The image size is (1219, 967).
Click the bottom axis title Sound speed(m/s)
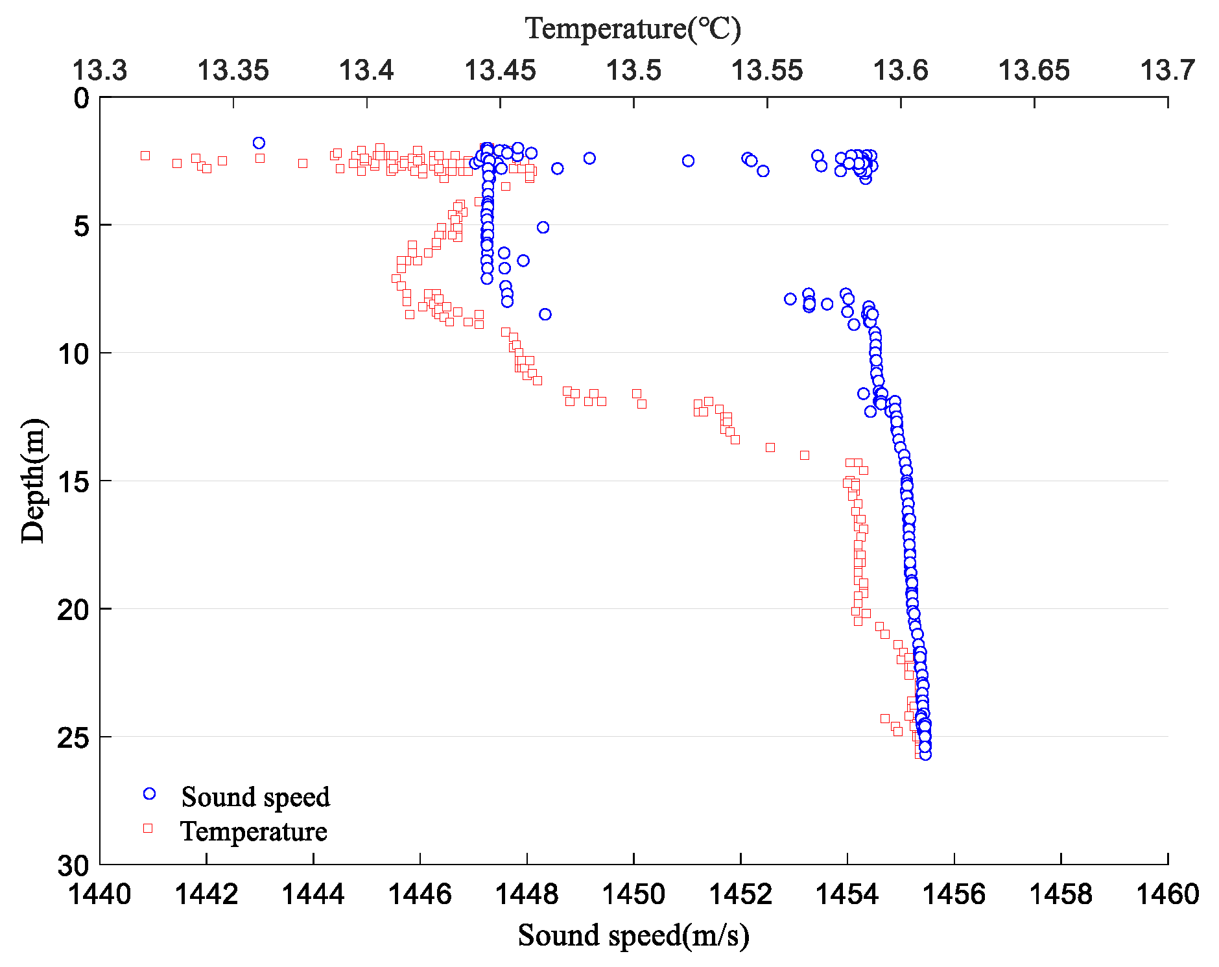click(633, 936)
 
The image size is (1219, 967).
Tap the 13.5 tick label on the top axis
click(633, 70)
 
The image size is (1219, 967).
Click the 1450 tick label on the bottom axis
click(633, 894)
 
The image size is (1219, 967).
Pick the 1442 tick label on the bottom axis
click(207, 894)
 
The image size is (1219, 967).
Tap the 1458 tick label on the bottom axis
click(1061, 894)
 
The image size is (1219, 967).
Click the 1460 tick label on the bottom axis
click(1167, 894)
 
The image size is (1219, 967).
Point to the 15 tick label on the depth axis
click(73, 481)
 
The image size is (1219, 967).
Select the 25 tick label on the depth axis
click(73, 737)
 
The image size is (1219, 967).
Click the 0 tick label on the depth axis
click(81, 99)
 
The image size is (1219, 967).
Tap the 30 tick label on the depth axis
click(73, 865)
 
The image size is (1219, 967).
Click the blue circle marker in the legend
click(149, 794)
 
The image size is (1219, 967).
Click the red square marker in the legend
click(148, 828)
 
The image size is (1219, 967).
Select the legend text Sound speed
click(255, 797)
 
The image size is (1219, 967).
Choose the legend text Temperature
click(254, 831)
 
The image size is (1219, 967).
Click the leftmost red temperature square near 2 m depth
click(145, 156)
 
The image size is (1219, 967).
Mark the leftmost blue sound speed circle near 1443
click(259, 143)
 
